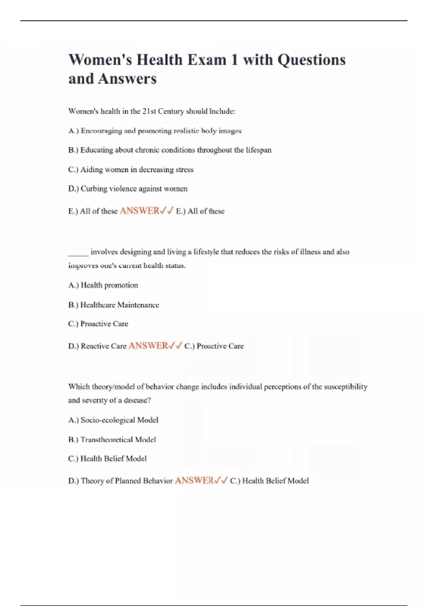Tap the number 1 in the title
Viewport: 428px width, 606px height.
click(x=234, y=60)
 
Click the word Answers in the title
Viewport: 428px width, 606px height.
click(x=127, y=79)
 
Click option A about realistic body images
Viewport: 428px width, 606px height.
click(x=155, y=131)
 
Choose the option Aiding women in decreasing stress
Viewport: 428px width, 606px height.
click(x=131, y=170)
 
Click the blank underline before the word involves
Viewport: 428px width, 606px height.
click(x=78, y=252)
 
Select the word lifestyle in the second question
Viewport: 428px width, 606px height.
click(x=206, y=252)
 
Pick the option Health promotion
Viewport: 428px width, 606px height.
click(x=103, y=285)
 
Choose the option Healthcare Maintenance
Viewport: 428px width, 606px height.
click(x=113, y=305)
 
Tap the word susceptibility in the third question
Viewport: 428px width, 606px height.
click(x=346, y=387)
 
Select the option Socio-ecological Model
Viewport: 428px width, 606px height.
click(x=113, y=420)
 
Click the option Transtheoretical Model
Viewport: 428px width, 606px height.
click(x=112, y=440)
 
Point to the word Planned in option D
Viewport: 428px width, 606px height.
click(x=128, y=481)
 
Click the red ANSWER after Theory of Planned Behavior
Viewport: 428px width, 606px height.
click(x=194, y=481)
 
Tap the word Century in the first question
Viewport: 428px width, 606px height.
click(x=171, y=111)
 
